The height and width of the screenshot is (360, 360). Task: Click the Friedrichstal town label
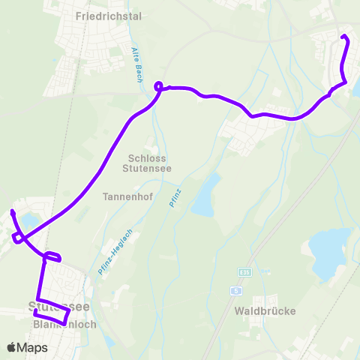pos(109,15)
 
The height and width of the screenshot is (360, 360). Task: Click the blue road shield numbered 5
pos(236,288)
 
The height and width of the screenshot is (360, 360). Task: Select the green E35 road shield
pos(244,271)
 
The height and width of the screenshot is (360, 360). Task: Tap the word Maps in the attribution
pos(33,348)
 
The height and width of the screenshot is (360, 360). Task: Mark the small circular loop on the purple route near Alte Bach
pos(158,86)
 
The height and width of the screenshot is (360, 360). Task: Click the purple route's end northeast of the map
pos(343,37)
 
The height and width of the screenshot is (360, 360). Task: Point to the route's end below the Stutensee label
pos(36,310)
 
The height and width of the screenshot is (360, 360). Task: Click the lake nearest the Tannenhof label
pos(205,194)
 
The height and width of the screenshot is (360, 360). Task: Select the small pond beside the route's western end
pos(30,220)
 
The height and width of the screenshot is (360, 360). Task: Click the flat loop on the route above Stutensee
pos(52,257)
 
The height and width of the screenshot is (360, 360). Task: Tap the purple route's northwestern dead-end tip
pos(13,214)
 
